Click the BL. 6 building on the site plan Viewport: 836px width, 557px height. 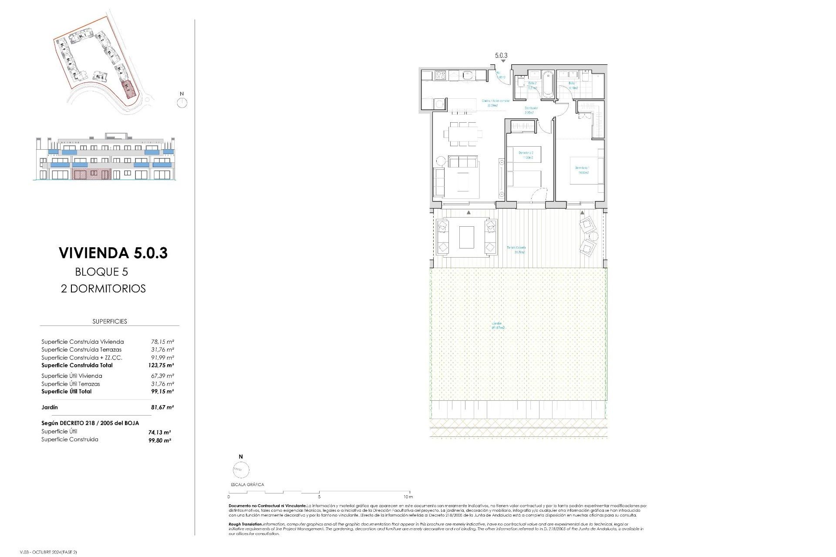click(x=100, y=77)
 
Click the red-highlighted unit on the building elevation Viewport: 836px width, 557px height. click(x=91, y=174)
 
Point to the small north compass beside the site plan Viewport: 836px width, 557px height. click(x=182, y=103)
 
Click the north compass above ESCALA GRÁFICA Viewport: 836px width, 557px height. click(x=241, y=470)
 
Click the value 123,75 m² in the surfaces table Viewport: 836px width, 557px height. click(x=161, y=366)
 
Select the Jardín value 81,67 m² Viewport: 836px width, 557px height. click(x=162, y=407)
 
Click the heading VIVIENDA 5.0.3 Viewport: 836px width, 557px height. click(x=113, y=253)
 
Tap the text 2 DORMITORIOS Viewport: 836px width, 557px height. click(x=103, y=289)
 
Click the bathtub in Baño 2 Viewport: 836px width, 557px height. click(x=547, y=84)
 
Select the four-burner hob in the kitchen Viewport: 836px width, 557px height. click(x=440, y=76)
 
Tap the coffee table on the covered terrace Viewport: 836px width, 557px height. click(x=466, y=237)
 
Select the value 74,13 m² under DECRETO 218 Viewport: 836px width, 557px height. click(x=159, y=433)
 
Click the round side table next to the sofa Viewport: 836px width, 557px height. click(x=441, y=161)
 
